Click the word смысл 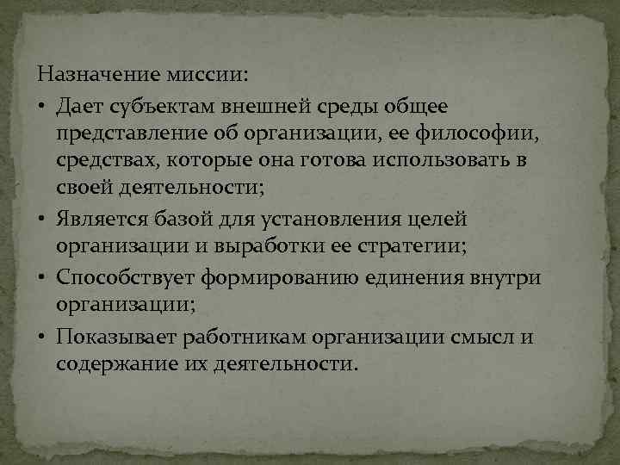(x=481, y=337)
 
